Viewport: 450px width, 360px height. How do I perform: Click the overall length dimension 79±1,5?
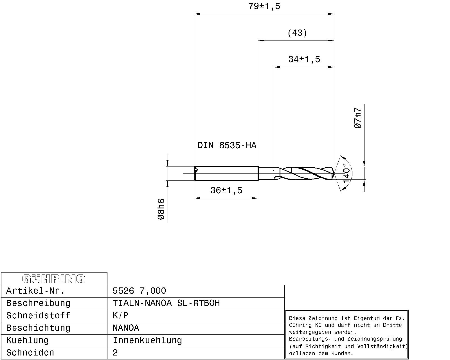point(264,6)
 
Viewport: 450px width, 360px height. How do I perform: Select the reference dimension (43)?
point(297,33)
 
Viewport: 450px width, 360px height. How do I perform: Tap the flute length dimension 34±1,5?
point(304,59)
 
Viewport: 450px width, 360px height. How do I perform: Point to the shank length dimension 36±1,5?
point(226,190)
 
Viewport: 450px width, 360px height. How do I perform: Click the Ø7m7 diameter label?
point(358,118)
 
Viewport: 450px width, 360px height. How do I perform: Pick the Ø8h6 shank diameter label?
point(161,209)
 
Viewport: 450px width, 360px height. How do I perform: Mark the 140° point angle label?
point(346,173)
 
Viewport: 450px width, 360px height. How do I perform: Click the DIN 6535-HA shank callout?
point(227,145)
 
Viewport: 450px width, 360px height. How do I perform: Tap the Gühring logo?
point(54,279)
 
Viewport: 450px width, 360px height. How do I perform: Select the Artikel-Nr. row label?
point(35,291)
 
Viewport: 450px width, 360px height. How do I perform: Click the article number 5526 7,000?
point(139,291)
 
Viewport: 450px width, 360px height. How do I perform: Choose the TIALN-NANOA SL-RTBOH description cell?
point(166,303)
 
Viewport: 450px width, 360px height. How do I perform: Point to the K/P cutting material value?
point(120,316)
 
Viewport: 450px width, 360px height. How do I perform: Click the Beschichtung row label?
point(38,328)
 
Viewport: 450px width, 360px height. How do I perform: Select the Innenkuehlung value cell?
point(147,340)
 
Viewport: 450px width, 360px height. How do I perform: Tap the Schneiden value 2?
point(115,353)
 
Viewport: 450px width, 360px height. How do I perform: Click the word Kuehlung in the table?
point(27,340)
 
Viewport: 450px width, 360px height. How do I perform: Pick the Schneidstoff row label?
point(38,316)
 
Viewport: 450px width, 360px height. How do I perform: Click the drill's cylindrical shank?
point(226,173)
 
